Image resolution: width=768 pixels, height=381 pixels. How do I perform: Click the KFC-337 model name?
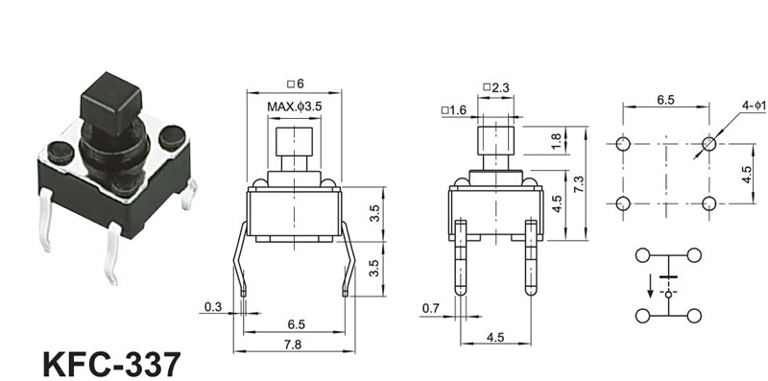coord(111,365)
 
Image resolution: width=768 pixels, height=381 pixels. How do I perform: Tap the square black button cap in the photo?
coord(111,104)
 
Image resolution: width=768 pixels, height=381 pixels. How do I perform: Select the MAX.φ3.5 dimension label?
coord(295,107)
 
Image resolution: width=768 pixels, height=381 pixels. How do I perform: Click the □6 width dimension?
coord(296,83)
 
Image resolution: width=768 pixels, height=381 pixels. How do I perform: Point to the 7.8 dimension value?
coord(294,345)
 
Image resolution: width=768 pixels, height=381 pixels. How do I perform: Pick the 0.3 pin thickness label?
coord(213,307)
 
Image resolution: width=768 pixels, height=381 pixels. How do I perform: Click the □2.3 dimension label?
coord(496,88)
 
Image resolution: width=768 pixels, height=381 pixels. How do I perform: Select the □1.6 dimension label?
coord(453,110)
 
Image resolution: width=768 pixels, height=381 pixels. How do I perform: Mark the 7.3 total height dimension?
coord(579,184)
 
